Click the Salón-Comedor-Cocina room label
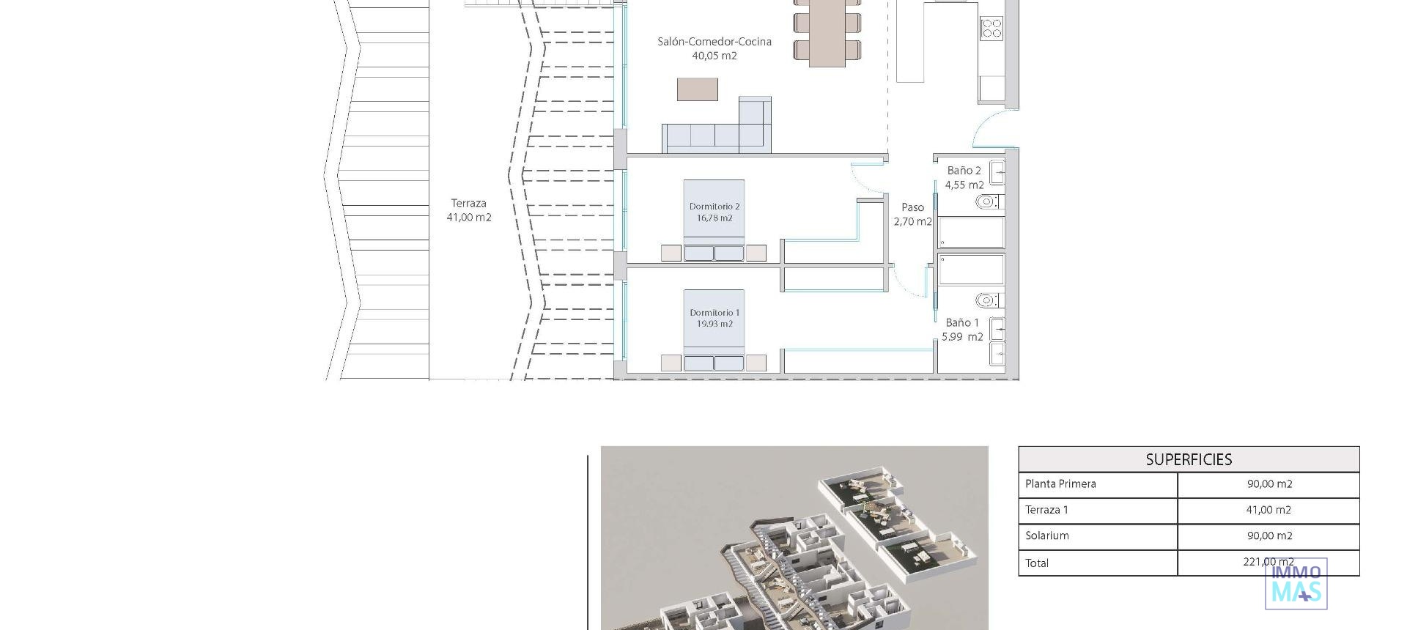click(714, 42)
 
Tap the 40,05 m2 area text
click(714, 56)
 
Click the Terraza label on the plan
click(468, 204)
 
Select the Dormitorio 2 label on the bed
click(714, 207)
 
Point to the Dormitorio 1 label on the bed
click(714, 313)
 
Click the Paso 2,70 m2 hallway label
click(912, 215)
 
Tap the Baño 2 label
click(964, 171)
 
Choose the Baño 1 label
click(961, 323)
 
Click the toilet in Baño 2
click(988, 201)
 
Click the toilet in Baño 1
click(988, 300)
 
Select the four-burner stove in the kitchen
click(991, 29)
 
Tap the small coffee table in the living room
click(697, 89)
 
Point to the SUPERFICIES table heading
click(1188, 460)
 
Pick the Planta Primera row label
click(1060, 484)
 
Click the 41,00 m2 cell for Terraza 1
click(1268, 510)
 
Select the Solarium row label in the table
click(1046, 536)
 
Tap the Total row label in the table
click(1036, 563)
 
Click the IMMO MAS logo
click(1296, 585)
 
